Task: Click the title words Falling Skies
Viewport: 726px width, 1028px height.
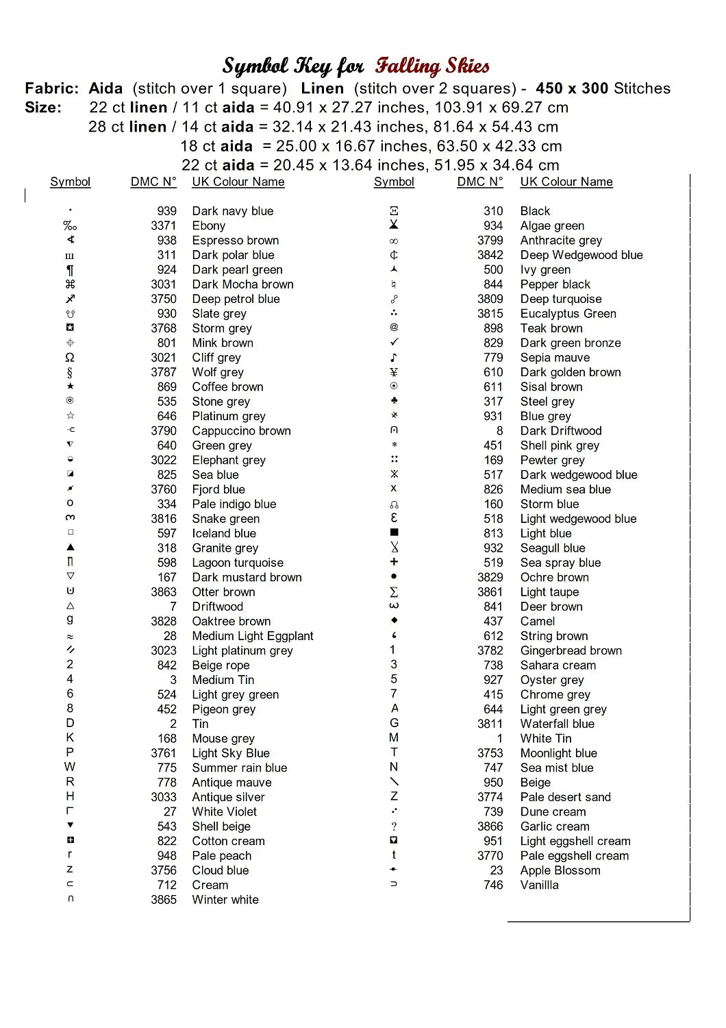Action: click(432, 66)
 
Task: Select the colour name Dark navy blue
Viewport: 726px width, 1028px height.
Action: click(232, 211)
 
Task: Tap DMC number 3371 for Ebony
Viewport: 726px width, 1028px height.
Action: click(164, 225)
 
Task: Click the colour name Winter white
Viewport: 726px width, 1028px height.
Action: click(225, 900)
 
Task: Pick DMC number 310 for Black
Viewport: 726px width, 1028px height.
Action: click(493, 211)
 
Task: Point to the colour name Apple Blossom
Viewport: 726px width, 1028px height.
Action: click(560, 870)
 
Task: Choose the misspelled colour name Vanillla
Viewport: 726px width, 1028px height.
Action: click(539, 885)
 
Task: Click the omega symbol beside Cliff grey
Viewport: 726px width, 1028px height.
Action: click(70, 358)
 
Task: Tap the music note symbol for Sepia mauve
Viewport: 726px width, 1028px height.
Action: click(394, 358)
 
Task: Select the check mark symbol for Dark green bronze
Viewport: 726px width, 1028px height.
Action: click(394, 342)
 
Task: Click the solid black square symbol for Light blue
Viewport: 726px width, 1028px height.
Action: click(394, 533)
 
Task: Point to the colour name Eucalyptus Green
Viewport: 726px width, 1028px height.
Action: click(568, 314)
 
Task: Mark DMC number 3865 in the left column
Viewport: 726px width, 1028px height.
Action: click(164, 900)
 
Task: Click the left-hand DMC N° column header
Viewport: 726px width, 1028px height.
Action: click(153, 182)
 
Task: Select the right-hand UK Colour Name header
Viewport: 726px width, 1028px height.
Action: click(566, 182)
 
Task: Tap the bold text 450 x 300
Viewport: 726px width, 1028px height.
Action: click(572, 88)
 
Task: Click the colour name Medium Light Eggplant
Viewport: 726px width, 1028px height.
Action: click(253, 636)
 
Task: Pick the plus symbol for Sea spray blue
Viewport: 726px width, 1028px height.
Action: click(394, 562)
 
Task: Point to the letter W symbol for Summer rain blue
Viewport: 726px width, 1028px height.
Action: click(70, 767)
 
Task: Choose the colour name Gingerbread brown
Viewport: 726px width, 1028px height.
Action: click(571, 650)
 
